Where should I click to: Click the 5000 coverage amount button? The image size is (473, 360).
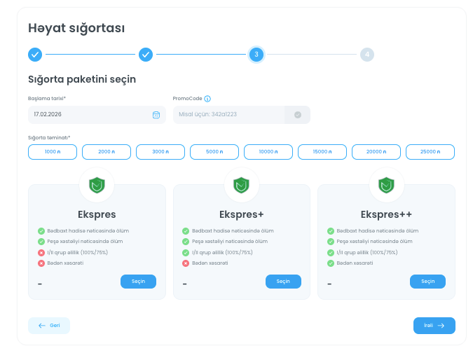point(214,151)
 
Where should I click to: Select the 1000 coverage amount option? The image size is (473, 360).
point(53,151)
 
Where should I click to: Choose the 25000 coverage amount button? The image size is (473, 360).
point(430,151)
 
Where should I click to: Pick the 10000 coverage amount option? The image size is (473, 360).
point(268,151)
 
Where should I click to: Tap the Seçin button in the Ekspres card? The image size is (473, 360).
point(138,282)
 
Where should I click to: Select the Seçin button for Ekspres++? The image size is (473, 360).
point(427,282)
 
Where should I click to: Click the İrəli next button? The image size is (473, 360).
point(434,326)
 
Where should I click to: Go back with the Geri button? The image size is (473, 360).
point(49,326)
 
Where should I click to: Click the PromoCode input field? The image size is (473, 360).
point(229,114)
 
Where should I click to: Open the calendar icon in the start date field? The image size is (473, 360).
point(156,114)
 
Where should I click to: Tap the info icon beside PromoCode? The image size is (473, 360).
point(207,99)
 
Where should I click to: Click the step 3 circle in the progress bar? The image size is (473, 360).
point(256,54)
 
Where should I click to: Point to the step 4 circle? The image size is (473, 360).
point(367,54)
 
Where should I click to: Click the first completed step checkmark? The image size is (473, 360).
point(35,54)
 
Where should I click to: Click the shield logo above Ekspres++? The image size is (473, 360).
point(386,185)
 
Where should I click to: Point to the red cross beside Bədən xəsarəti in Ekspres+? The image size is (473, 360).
point(186,263)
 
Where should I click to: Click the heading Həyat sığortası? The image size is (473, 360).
point(76,28)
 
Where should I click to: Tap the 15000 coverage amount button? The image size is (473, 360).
point(322,151)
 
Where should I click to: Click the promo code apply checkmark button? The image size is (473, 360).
point(298,114)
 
